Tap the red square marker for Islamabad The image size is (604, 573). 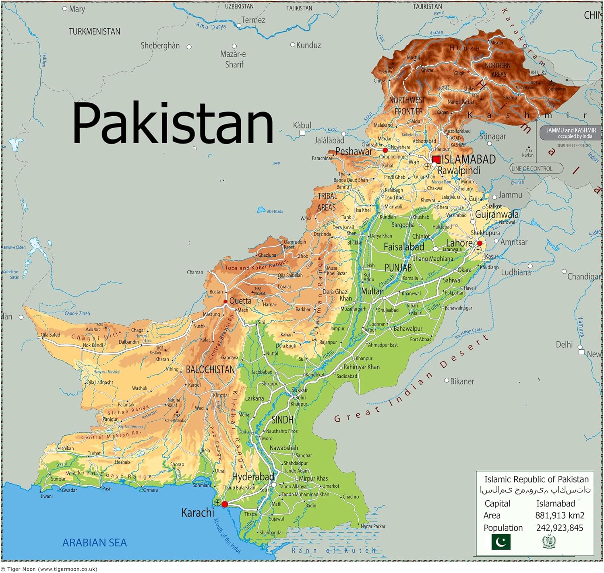436,159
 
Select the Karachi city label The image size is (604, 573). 198,513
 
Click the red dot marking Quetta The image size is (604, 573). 225,301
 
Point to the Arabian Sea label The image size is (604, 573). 95,543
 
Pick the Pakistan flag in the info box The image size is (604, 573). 501,542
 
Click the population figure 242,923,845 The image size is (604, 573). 559,528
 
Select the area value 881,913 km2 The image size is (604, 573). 559,515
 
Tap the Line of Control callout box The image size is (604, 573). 536,169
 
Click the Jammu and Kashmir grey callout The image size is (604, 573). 571,133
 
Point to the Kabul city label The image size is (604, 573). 302,126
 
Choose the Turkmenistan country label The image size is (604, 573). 94,31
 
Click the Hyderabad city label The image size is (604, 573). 253,477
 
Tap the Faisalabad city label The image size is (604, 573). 403,247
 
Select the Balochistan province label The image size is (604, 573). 210,369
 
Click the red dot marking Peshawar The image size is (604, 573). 385,150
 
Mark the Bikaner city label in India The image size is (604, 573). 461,381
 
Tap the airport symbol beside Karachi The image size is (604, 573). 217,503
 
